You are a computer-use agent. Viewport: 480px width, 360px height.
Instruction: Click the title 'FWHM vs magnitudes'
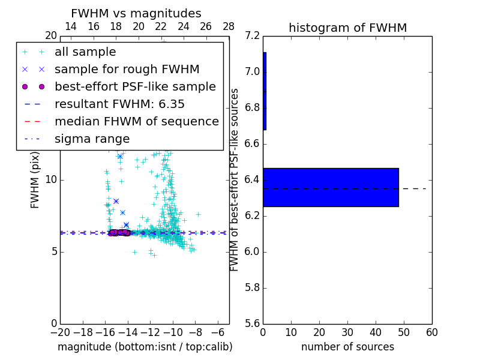tap(136, 14)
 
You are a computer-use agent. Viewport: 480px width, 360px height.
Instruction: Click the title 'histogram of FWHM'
tap(347, 28)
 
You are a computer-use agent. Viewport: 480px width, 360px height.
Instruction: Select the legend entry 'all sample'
tap(85, 52)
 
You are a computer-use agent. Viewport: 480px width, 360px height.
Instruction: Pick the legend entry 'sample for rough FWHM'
tap(127, 70)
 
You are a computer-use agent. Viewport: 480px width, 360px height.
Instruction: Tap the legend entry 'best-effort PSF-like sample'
tap(135, 87)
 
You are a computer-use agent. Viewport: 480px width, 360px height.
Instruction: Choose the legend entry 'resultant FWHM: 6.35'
tap(119, 104)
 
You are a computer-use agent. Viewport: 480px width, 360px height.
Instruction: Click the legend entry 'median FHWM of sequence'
tap(136, 122)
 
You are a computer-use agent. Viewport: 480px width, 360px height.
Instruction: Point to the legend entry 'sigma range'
tap(92, 139)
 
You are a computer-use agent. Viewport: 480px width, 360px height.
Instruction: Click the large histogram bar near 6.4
tap(331, 187)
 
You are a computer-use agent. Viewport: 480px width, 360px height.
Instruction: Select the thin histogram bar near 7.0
tap(265, 91)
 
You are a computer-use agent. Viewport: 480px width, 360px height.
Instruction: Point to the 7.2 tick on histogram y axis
tap(253, 36)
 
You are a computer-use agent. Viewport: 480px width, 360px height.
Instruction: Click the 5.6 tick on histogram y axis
tap(253, 323)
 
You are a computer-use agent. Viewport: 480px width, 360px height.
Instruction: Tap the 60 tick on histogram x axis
tap(432, 332)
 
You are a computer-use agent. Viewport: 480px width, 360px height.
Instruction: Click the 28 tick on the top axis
tap(229, 26)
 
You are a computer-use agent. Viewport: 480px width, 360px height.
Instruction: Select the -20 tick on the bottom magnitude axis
tap(60, 332)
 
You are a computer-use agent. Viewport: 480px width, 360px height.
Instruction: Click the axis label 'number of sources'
tap(347, 347)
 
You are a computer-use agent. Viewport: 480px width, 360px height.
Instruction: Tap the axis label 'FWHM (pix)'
tap(35, 181)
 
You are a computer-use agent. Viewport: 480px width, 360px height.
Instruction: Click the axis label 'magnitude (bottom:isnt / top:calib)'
tap(145, 347)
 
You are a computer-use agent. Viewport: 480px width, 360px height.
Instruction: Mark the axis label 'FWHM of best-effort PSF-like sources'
tap(235, 180)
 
